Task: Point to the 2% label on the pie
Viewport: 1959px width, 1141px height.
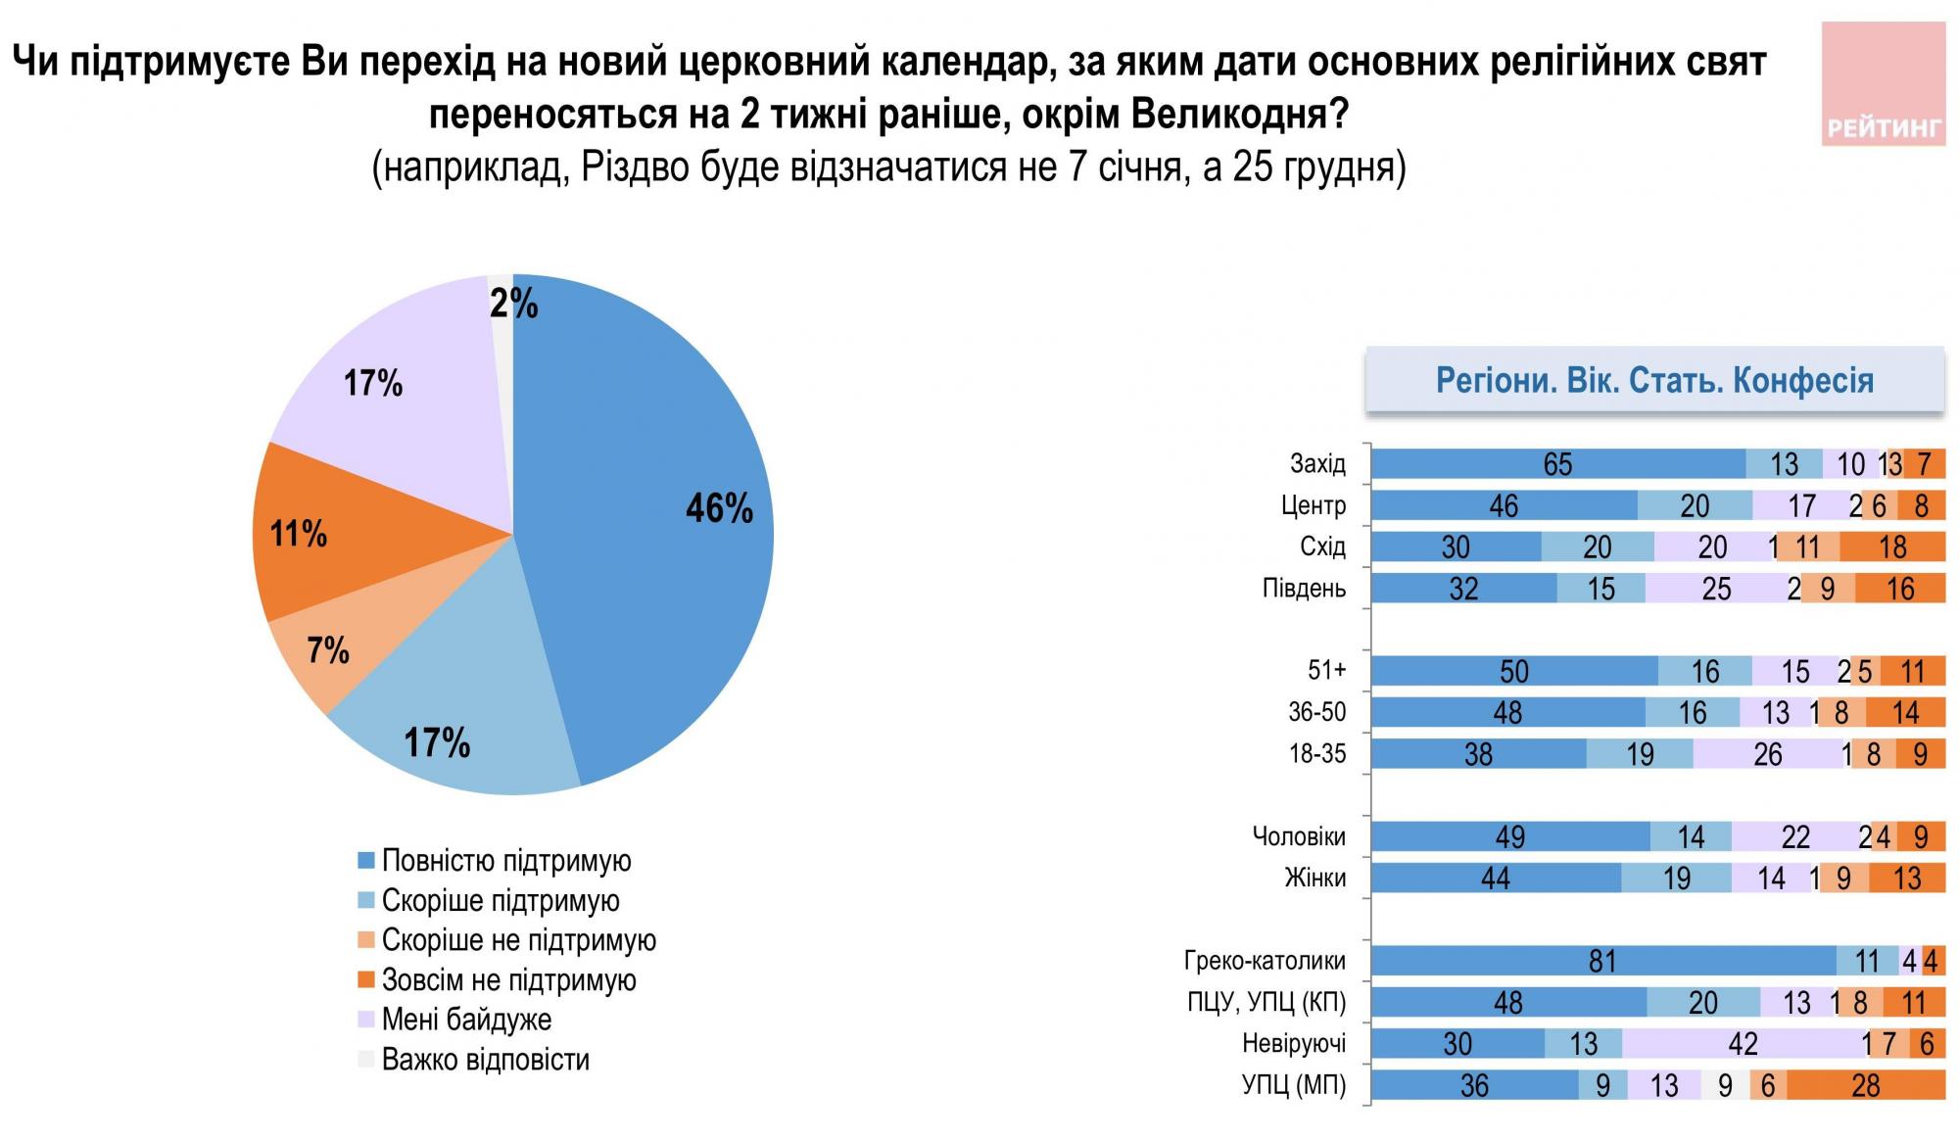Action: (x=513, y=305)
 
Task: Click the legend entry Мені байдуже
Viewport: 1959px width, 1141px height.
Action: (x=465, y=1020)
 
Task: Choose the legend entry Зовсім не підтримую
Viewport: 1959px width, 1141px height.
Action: (x=507, y=979)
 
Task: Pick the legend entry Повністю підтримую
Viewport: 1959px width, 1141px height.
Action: (x=505, y=861)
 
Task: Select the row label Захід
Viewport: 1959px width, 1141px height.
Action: (x=1317, y=463)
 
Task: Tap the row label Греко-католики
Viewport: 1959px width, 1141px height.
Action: (x=1265, y=961)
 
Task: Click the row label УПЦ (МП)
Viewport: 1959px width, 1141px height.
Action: (x=1294, y=1085)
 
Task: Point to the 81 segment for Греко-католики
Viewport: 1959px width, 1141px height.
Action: (x=1602, y=961)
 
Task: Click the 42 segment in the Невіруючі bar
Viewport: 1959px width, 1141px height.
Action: (x=1742, y=1044)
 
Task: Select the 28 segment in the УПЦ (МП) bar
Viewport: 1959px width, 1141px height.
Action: (x=1865, y=1085)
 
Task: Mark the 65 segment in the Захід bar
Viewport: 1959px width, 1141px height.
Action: (x=1557, y=463)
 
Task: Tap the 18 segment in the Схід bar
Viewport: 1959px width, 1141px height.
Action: (x=1891, y=547)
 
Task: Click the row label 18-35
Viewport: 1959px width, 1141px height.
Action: (x=1317, y=754)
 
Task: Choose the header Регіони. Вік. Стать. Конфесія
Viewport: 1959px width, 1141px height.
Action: (x=1654, y=380)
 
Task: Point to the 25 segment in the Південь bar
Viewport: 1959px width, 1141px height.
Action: (x=1716, y=588)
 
